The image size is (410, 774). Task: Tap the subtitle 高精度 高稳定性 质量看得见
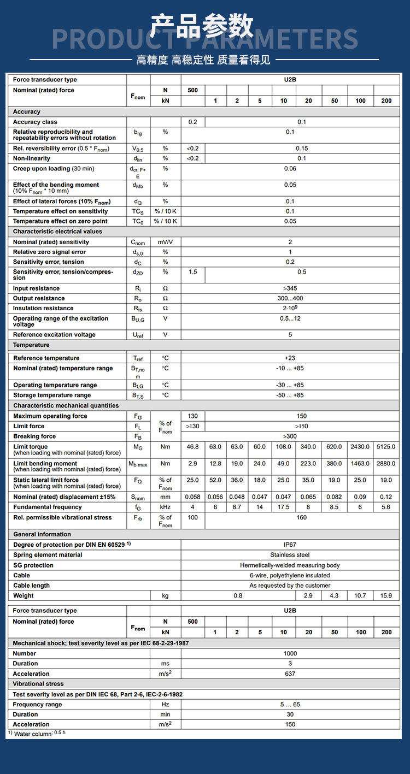[x=203, y=60]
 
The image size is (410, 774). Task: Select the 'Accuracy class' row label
[x=35, y=122]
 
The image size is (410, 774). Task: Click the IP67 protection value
[x=290, y=545]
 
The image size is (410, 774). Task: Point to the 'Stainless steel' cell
[x=290, y=555]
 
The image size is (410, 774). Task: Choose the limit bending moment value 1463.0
[x=360, y=464]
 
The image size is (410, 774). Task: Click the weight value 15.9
[x=386, y=596]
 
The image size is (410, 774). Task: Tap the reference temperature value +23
[x=290, y=358]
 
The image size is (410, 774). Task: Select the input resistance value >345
[x=290, y=288]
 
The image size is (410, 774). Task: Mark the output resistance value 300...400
[x=290, y=298]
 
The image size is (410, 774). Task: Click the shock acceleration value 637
[x=290, y=673]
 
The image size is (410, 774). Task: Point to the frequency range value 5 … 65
[x=290, y=705]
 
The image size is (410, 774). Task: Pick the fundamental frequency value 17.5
[x=283, y=507]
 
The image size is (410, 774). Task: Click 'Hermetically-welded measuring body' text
[x=290, y=565]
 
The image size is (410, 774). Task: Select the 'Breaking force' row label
[x=34, y=436]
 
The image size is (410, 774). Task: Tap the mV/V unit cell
[x=165, y=242]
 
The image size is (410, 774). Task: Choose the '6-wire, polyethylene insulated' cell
[x=290, y=575]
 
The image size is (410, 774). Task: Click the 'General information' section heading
[x=42, y=534]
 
